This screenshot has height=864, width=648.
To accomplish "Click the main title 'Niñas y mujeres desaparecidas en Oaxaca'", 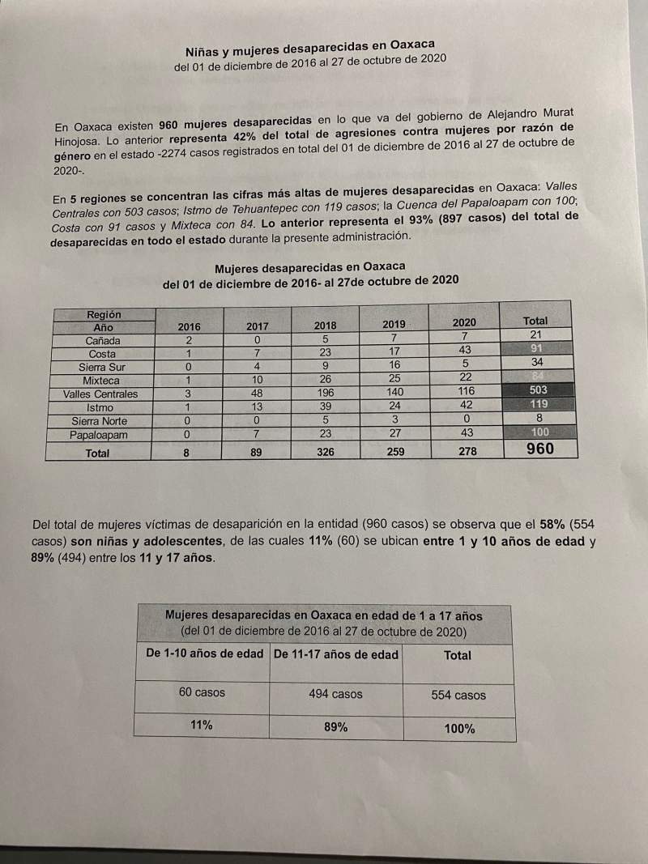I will click(310, 49).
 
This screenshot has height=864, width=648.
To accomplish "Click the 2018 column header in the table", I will click(325, 326).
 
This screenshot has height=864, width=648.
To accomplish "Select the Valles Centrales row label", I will click(100, 394).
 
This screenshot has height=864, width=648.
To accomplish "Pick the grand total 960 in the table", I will click(539, 449).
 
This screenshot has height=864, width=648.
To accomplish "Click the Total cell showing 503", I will click(538, 390).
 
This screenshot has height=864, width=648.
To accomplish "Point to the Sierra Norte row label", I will click(100, 421).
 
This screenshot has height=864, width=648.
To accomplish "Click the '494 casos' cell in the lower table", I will click(335, 694).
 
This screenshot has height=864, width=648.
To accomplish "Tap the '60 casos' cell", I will click(202, 692).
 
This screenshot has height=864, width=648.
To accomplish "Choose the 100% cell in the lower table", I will click(459, 729).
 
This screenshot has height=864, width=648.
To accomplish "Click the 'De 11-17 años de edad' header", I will click(336, 654).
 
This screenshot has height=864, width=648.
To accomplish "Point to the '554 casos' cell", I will click(458, 696).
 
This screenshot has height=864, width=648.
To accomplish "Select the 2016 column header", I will click(189, 326).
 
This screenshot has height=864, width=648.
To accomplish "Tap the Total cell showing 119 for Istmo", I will click(538, 403).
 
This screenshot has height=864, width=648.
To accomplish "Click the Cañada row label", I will click(103, 341).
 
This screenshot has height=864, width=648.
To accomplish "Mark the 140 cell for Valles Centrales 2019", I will click(394, 393).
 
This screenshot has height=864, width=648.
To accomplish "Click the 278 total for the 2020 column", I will click(464, 451).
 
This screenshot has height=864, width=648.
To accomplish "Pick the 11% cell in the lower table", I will click(202, 726).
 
